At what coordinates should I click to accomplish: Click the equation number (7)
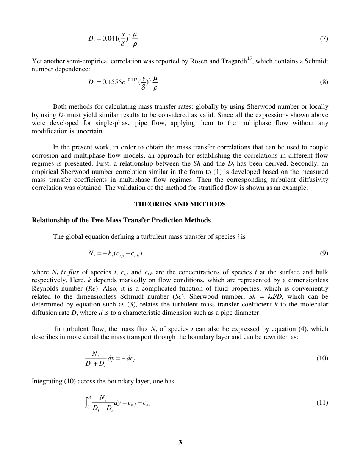[x=324, y=38]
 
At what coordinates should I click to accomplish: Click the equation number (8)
[x=324, y=82]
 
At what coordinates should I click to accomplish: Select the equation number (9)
[x=324, y=253]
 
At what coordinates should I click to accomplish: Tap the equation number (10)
[x=322, y=358]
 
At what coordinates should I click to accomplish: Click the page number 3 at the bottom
[x=180, y=442]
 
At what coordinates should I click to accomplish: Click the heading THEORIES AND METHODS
[x=180, y=204]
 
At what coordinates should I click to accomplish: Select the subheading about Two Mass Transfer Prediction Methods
[x=121, y=220]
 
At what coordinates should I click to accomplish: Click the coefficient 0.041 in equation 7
[x=110, y=39]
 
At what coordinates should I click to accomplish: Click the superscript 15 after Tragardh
[x=249, y=59]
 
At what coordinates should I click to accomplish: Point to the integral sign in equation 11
[x=87, y=402]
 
